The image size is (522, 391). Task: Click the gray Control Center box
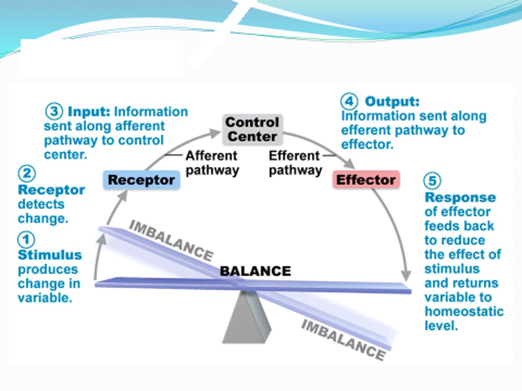tap(252, 130)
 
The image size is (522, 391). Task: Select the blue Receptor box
tap(141, 180)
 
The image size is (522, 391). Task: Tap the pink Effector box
tap(366, 180)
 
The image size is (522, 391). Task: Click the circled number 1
tap(26, 240)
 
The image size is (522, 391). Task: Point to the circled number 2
tap(27, 174)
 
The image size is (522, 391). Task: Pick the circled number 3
tap(54, 111)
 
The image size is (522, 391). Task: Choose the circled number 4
tap(349, 101)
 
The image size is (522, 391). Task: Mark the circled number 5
tap(432, 181)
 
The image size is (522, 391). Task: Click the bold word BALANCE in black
tap(255, 271)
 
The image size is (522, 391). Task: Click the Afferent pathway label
tap(212, 163)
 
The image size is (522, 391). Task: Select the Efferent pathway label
tap(295, 163)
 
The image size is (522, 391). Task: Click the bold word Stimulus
tap(50, 255)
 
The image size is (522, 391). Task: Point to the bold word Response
tap(460, 198)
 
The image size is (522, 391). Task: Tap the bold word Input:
tap(89, 112)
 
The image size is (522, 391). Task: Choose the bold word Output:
tap(392, 101)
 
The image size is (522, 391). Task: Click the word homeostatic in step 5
tap(464, 311)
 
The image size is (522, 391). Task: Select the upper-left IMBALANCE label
tap(171, 240)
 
